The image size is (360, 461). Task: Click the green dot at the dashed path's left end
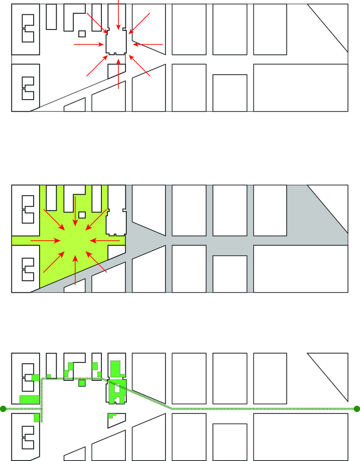(x=3, y=408)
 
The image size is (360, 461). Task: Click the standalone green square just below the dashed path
(x=82, y=383)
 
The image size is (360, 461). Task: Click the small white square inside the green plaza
(x=82, y=214)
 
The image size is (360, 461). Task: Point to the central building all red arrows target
(x=116, y=44)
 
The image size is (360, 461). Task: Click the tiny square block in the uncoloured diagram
(x=82, y=34)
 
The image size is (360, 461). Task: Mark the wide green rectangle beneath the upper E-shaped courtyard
(x=29, y=399)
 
